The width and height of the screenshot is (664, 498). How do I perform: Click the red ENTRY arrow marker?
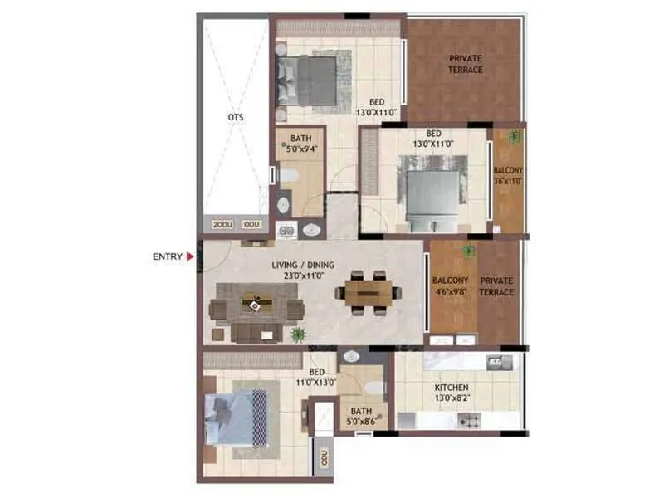click(190, 256)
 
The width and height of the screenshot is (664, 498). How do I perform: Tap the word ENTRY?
click(167, 256)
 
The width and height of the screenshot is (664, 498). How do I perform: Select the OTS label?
click(236, 118)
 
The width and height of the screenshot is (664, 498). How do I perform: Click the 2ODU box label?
click(222, 225)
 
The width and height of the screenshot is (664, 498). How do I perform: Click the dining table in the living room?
click(368, 293)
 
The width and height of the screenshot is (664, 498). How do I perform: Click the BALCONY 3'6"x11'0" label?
click(508, 175)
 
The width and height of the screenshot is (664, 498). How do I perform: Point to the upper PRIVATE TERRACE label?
click(466, 64)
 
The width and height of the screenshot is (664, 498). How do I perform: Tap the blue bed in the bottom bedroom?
click(238, 418)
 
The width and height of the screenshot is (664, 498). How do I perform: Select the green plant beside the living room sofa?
click(297, 334)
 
